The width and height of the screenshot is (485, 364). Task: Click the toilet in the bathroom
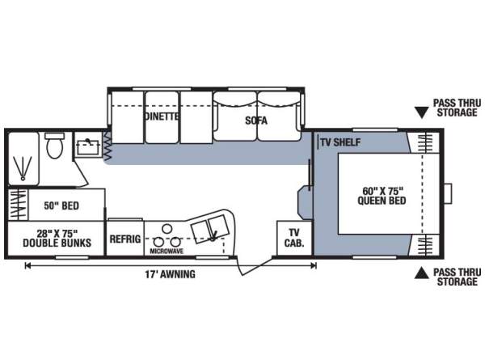click(x=55, y=146)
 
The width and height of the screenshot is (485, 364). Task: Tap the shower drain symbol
click(x=23, y=178)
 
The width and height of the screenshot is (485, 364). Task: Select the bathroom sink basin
click(x=88, y=147)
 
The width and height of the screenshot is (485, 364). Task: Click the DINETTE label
click(x=162, y=116)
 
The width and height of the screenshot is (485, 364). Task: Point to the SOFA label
click(x=256, y=121)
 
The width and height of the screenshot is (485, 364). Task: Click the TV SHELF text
click(x=340, y=142)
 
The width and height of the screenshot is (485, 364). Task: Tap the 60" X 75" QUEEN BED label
click(x=382, y=196)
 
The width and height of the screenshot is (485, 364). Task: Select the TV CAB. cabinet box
click(x=294, y=238)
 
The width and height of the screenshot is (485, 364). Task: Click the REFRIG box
click(x=125, y=239)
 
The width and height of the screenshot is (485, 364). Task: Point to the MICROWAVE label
click(x=167, y=251)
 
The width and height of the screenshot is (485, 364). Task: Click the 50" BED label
click(x=61, y=205)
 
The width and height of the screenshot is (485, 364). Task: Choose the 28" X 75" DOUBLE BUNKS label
click(x=57, y=239)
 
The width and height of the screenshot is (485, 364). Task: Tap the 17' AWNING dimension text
click(x=170, y=274)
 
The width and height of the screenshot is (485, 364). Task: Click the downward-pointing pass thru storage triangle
click(x=421, y=112)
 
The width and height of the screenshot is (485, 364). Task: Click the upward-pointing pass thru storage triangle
click(x=422, y=273)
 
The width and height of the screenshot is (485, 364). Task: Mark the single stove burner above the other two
click(x=167, y=229)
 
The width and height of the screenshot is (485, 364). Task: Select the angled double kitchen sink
click(x=210, y=229)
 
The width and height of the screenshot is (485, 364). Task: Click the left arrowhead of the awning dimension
click(x=27, y=265)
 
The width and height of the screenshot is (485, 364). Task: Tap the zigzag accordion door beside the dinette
click(x=107, y=146)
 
